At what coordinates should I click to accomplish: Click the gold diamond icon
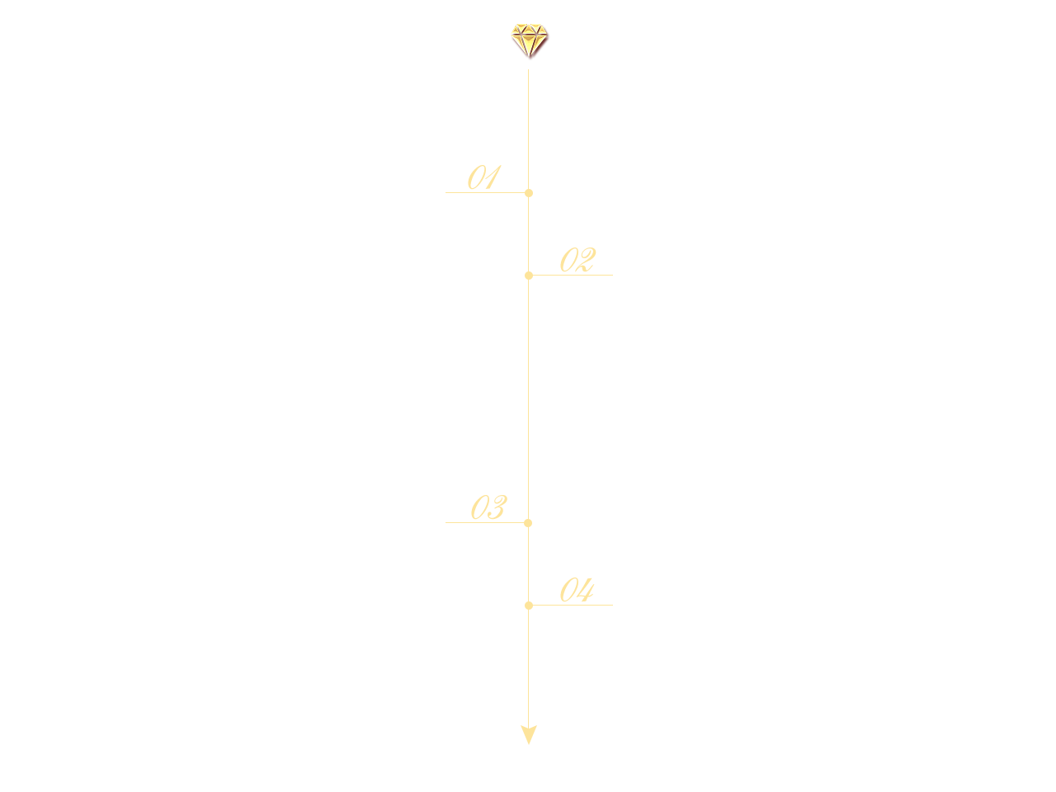pyautogui.click(x=529, y=40)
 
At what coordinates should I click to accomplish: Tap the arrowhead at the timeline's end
pyautogui.click(x=528, y=734)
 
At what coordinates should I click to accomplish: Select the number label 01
pyautogui.click(x=484, y=177)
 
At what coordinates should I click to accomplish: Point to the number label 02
pyautogui.click(x=577, y=260)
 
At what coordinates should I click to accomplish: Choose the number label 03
pyautogui.click(x=488, y=507)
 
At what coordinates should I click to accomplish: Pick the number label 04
pyautogui.click(x=577, y=590)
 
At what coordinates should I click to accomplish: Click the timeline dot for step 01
pyautogui.click(x=528, y=193)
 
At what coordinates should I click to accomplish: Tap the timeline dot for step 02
pyautogui.click(x=528, y=276)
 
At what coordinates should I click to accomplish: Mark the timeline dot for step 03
pyautogui.click(x=528, y=523)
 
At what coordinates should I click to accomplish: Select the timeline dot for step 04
pyautogui.click(x=528, y=606)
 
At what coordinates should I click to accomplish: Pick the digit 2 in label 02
pyautogui.click(x=587, y=260)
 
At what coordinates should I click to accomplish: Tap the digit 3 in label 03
pyautogui.click(x=497, y=507)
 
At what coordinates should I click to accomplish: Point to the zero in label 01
pyautogui.click(x=476, y=177)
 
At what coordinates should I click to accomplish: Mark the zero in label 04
pyautogui.click(x=568, y=590)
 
